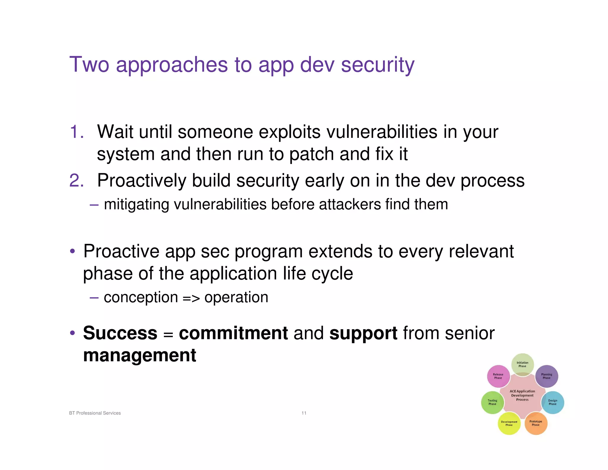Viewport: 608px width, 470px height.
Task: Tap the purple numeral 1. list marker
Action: coord(77,132)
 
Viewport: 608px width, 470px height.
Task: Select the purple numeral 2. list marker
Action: coord(77,180)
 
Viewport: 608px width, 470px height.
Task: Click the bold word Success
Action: coord(120,333)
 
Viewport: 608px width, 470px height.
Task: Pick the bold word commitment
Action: coord(233,333)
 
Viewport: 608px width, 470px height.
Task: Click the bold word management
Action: coord(140,355)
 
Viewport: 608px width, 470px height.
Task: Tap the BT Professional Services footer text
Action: coord(95,413)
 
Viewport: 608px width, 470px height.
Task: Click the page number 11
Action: coord(304,413)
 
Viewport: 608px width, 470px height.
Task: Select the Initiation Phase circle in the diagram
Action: coord(522,364)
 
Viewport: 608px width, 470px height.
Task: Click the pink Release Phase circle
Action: coord(498,376)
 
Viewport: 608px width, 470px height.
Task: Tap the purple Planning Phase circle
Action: coord(546,376)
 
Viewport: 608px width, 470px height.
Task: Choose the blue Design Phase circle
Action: coord(552,402)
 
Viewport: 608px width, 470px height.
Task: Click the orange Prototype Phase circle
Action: coord(536,423)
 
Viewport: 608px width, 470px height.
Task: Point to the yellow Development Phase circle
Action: coord(509,423)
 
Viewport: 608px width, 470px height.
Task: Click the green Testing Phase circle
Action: coord(492,402)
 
